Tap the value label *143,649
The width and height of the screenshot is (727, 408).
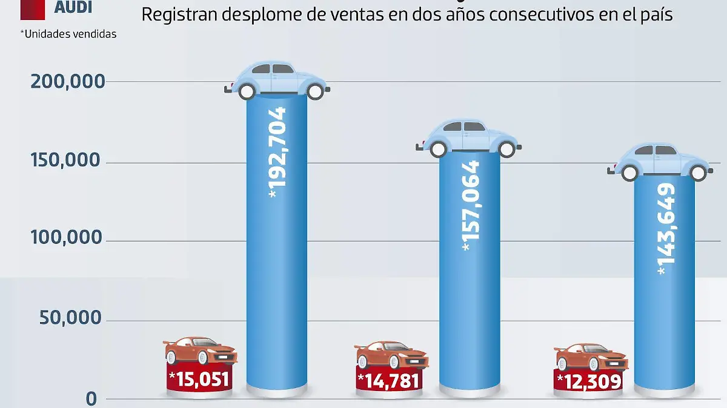click(665, 230)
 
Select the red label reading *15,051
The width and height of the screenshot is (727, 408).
click(200, 380)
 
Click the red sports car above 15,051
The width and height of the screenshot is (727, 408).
click(201, 351)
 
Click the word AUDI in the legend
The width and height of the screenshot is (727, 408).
click(73, 7)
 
